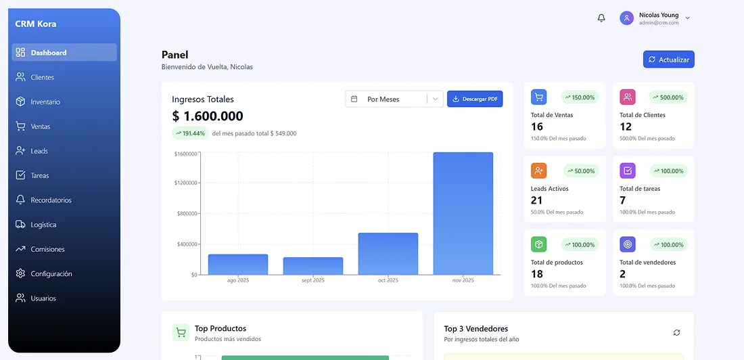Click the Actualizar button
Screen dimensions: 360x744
click(668, 60)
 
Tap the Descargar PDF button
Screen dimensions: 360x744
click(475, 99)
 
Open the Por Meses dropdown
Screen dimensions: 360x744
click(394, 99)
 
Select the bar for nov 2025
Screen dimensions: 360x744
click(463, 213)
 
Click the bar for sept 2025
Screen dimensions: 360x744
click(312, 266)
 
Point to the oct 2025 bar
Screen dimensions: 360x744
click(388, 254)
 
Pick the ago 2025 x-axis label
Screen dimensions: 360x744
click(238, 280)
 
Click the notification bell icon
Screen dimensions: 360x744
click(601, 18)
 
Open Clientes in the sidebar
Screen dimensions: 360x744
click(42, 77)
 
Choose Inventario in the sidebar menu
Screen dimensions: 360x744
click(45, 102)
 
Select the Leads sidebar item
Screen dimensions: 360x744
click(39, 151)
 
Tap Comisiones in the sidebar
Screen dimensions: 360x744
click(47, 249)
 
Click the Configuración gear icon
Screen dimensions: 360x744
click(20, 273)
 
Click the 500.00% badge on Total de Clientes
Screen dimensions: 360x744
click(668, 97)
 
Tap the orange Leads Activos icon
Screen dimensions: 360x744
click(538, 171)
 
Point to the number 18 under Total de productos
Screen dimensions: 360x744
click(537, 274)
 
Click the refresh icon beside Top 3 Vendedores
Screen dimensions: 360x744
click(676, 332)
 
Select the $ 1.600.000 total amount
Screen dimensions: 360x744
click(208, 116)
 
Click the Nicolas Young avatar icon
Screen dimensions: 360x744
click(626, 18)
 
